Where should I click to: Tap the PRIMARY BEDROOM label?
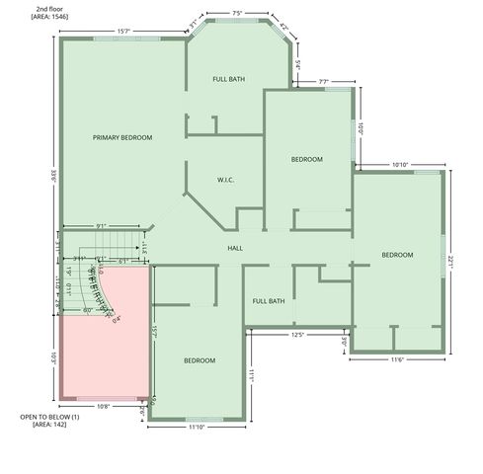[x=122, y=137]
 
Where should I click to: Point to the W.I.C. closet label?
[x=226, y=180]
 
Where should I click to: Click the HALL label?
[x=235, y=248]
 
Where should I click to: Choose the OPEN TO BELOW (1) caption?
[x=49, y=418]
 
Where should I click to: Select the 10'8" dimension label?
[x=102, y=406]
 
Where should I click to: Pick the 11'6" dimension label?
[x=397, y=359]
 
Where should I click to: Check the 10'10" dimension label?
[x=400, y=164]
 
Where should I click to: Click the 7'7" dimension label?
[x=324, y=81]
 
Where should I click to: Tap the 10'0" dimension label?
[x=362, y=128]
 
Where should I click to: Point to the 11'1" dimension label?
[x=252, y=374]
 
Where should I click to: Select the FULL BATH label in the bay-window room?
[x=229, y=78]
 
